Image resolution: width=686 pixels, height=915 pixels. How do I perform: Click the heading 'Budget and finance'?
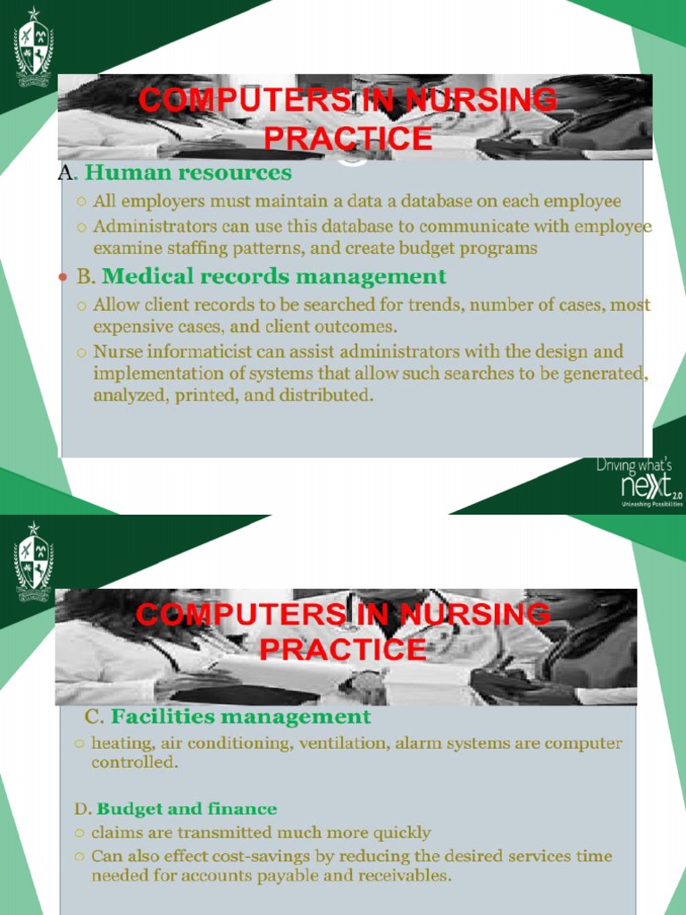tap(187, 809)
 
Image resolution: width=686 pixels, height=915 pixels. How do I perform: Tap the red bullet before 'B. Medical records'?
tap(63, 278)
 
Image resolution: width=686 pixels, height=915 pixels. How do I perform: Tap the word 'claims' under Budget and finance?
tap(119, 833)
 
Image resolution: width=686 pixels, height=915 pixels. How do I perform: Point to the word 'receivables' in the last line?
tap(406, 876)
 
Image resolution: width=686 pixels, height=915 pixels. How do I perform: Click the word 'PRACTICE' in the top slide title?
tap(348, 139)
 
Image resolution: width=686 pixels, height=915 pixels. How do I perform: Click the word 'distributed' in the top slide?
tap(326, 394)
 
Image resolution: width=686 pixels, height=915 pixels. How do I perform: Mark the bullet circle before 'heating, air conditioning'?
tap(79, 743)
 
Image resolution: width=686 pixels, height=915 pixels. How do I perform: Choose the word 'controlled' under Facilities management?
tap(133, 763)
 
